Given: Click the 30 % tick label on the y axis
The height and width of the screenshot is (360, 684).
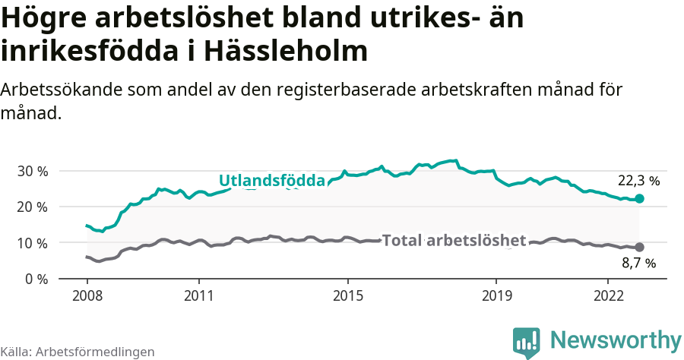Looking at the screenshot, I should [32, 171].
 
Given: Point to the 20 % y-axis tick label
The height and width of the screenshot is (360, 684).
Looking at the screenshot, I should [32, 207].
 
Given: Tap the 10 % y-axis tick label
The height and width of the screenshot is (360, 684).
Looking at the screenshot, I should [32, 243].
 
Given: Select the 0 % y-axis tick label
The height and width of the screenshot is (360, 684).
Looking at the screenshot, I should [35, 279].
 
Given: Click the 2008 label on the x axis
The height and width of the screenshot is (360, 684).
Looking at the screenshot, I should [87, 295].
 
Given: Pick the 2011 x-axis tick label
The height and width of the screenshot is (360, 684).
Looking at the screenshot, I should [198, 295].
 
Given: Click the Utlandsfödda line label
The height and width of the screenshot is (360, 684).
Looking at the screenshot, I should [272, 181].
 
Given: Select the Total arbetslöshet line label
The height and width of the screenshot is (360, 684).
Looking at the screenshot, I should [454, 241].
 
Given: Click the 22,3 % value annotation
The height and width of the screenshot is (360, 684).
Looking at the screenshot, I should [638, 182].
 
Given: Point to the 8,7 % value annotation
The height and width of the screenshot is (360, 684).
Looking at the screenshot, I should [638, 264].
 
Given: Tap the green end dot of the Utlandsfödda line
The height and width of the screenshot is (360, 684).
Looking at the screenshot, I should [640, 198].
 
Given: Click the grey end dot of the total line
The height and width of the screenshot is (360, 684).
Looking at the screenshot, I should [640, 247].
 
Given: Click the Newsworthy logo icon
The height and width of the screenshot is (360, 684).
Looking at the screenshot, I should [526, 343].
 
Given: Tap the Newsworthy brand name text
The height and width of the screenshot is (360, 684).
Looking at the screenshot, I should [616, 339].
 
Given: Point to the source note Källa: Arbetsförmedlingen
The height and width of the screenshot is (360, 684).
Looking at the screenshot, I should [78, 352].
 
